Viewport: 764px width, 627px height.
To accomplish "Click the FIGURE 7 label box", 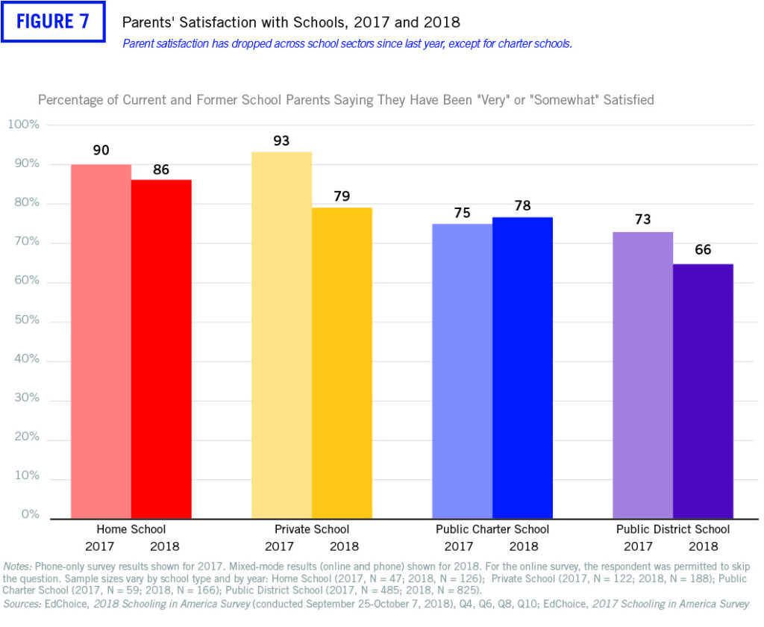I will click(52, 22).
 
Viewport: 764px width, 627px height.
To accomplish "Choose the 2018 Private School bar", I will click(342, 363).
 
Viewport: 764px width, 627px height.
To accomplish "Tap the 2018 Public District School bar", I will click(703, 391).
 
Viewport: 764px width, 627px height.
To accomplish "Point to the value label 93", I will click(281, 140).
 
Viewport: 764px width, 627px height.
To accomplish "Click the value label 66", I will click(703, 250).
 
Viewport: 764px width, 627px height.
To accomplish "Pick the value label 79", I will click(342, 196).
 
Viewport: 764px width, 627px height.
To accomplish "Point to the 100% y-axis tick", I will click(23, 125).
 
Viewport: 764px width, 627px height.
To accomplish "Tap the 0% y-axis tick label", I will click(29, 514).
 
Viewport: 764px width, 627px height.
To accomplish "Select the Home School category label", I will click(131, 529).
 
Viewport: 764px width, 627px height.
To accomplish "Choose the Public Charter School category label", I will click(492, 529).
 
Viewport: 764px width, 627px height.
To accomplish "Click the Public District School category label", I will click(673, 529).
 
